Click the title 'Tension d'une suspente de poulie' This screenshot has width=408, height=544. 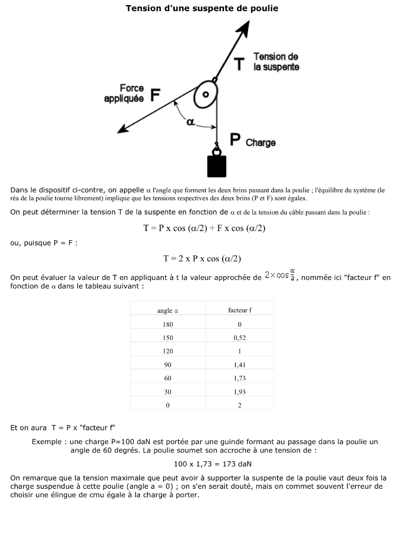(x=202, y=8)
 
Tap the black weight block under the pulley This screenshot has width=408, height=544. (x=217, y=166)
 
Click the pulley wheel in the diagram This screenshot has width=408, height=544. (x=206, y=96)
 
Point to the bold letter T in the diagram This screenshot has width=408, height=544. (x=239, y=64)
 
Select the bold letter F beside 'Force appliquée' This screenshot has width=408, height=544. (x=155, y=95)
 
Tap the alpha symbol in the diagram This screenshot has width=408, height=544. (x=190, y=122)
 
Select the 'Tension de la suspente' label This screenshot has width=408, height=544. (x=276, y=62)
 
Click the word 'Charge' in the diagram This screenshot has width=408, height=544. (x=260, y=143)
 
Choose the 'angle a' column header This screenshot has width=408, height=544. (x=167, y=310)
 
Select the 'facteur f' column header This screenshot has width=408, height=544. (x=240, y=310)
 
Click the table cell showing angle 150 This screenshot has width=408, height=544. (x=167, y=337)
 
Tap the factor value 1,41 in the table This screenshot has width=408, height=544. (x=240, y=365)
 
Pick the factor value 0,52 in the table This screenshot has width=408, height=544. (x=240, y=337)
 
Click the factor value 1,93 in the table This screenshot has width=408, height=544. (x=240, y=392)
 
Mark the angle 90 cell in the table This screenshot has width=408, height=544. (x=167, y=365)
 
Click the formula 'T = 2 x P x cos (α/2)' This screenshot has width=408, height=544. (x=202, y=259)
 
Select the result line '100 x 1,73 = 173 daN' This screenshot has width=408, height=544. (x=205, y=464)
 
